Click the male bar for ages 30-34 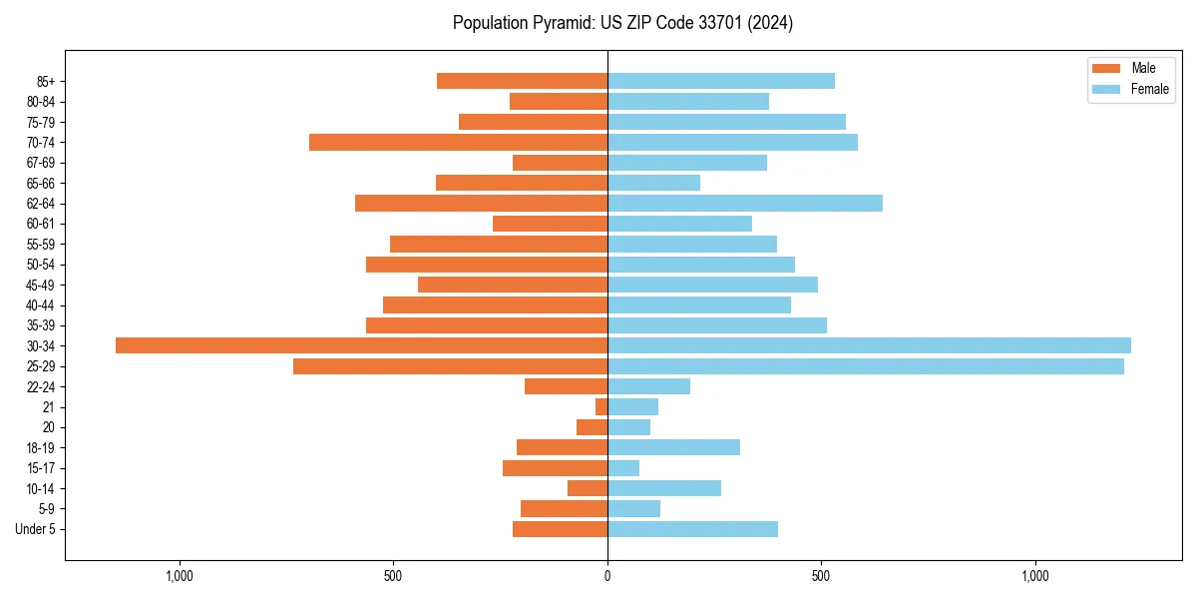pyautogui.click(x=361, y=345)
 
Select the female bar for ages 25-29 pyautogui.click(x=866, y=366)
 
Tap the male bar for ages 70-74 pyautogui.click(x=458, y=142)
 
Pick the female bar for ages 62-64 pyautogui.click(x=745, y=204)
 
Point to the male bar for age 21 pyautogui.click(x=601, y=407)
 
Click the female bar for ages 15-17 pyautogui.click(x=623, y=468)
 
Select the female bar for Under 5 pyautogui.click(x=692, y=529)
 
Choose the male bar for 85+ pyautogui.click(x=522, y=81)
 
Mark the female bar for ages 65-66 pyautogui.click(x=653, y=183)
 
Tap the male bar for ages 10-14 pyautogui.click(x=588, y=488)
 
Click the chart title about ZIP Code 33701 pyautogui.click(x=622, y=23)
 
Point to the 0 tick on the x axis pyautogui.click(x=607, y=576)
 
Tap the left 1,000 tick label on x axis pyautogui.click(x=180, y=576)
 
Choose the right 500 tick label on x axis pyautogui.click(x=821, y=576)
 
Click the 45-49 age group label pyautogui.click(x=41, y=286)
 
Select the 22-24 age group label pyautogui.click(x=41, y=387)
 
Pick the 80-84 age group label pyautogui.click(x=41, y=102)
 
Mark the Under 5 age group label pyautogui.click(x=35, y=529)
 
